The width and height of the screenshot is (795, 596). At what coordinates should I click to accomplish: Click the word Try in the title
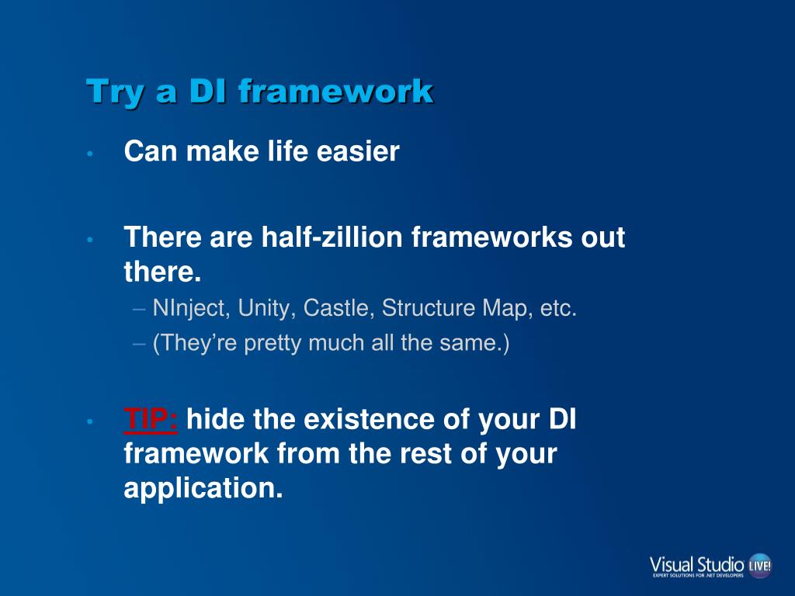click(116, 92)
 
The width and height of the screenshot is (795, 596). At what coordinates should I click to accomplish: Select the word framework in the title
click(335, 92)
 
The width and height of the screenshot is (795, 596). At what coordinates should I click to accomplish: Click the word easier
click(358, 151)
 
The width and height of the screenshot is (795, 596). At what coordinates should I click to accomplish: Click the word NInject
click(189, 309)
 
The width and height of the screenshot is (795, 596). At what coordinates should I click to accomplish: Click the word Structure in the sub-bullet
click(428, 307)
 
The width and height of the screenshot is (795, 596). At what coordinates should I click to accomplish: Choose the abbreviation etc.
click(558, 308)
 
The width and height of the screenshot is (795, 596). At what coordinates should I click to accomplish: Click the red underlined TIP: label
click(151, 420)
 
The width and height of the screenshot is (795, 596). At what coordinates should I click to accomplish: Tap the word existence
click(369, 419)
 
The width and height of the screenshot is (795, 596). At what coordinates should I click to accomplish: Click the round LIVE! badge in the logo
click(760, 565)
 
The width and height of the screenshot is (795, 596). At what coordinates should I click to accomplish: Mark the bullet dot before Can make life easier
click(90, 153)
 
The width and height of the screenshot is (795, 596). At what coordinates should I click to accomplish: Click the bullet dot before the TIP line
click(90, 421)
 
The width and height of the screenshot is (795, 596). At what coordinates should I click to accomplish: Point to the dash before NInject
click(139, 309)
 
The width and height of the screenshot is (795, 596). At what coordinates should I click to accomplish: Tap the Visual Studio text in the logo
click(696, 565)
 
